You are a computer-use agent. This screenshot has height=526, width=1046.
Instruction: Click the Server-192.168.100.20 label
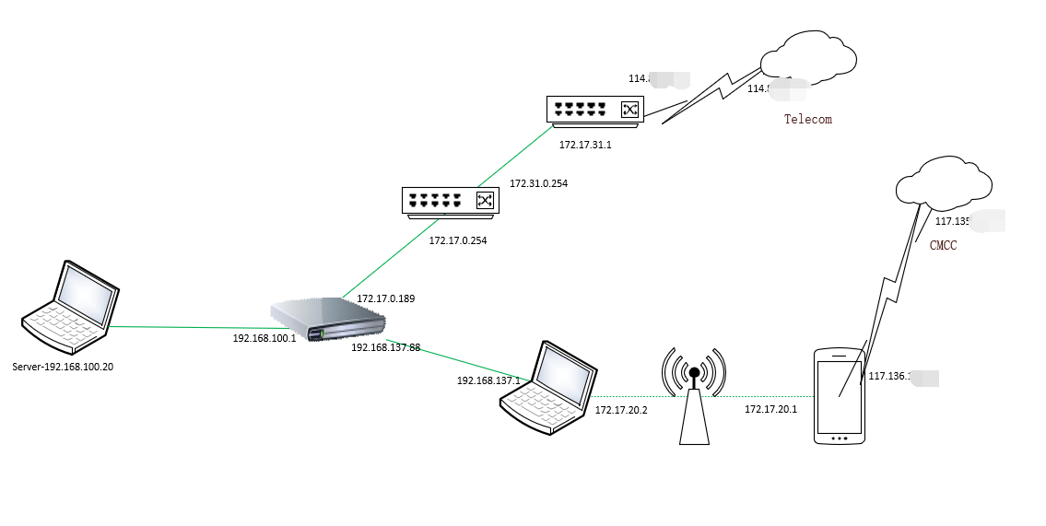pos(63,367)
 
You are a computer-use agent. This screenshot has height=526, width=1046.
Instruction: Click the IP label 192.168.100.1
pos(264,338)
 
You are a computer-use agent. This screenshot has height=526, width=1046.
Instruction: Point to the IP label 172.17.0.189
pos(386,298)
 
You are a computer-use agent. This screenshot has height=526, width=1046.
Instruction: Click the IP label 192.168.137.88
pos(385,347)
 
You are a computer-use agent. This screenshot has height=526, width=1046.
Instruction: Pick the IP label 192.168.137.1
pos(488,380)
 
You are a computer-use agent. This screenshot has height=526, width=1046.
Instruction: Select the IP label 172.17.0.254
pos(457,240)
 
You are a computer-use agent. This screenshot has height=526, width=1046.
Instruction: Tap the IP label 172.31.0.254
pos(538,183)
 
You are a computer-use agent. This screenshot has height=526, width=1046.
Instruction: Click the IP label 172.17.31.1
pos(585,145)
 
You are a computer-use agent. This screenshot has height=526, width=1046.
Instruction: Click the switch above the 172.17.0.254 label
pos(450,201)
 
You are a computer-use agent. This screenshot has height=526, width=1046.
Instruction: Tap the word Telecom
pos(807,119)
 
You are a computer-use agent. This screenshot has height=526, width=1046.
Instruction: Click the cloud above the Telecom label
pos(808,57)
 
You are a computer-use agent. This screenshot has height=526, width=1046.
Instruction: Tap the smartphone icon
pos(840,396)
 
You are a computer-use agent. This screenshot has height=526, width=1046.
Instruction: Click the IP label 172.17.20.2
pos(621,410)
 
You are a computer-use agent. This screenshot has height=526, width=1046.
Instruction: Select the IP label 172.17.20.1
pos(770,409)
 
